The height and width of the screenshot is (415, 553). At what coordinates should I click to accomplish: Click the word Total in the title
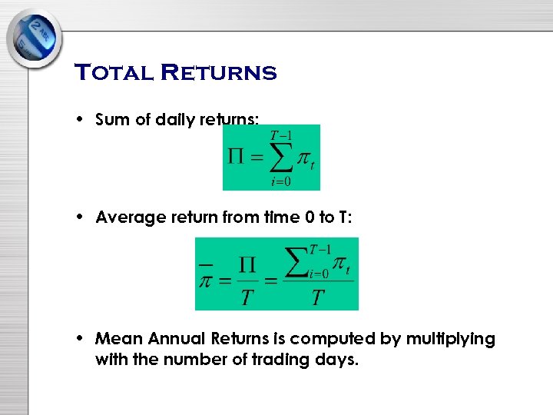[x=113, y=73]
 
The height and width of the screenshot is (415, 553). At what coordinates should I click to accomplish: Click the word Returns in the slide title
[x=217, y=73]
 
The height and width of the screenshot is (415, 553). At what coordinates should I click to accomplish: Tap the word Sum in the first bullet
[x=110, y=120]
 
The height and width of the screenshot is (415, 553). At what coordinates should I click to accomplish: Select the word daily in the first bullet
[x=177, y=120]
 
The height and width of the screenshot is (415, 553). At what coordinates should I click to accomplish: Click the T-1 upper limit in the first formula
[x=280, y=136]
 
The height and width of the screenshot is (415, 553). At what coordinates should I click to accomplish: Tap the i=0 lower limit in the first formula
[x=280, y=181]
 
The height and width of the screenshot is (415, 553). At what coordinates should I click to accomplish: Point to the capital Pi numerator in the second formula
[x=246, y=264]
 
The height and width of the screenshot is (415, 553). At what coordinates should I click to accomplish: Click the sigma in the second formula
[x=296, y=262]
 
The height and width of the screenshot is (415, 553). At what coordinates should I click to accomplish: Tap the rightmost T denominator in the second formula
[x=317, y=297]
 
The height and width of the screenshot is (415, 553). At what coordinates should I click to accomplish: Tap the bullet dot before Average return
[x=80, y=217]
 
